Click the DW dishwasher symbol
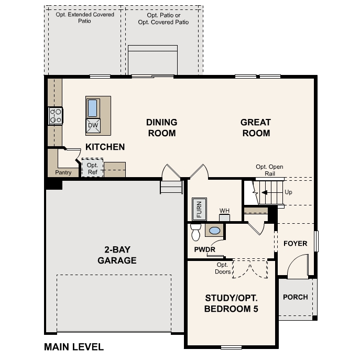(x=93, y=125)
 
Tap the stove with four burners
(x=56, y=116)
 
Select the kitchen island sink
(x=93, y=108)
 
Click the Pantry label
(x=63, y=172)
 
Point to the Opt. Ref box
(x=92, y=168)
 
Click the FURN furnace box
(x=199, y=209)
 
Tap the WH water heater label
(x=224, y=211)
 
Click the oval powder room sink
(x=214, y=230)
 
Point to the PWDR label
(x=204, y=249)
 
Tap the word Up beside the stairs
(x=288, y=192)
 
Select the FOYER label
(x=296, y=244)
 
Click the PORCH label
(x=295, y=297)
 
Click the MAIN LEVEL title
(x=74, y=347)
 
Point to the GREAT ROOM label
(x=255, y=127)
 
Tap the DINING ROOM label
(x=161, y=127)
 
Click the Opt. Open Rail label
(x=269, y=170)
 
